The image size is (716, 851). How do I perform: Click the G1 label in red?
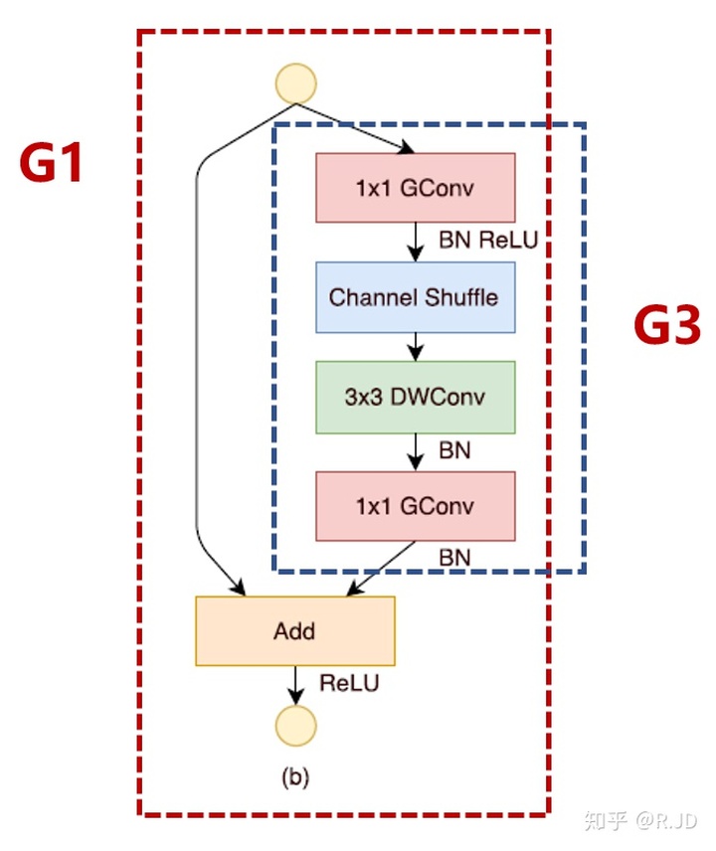(x=52, y=164)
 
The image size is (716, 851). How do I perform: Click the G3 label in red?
(x=667, y=327)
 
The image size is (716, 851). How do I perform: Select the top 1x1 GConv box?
(x=415, y=187)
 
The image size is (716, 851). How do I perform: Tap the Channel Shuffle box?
(x=415, y=296)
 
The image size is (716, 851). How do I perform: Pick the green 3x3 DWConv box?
(x=415, y=397)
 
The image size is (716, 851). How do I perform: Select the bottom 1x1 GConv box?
(x=415, y=506)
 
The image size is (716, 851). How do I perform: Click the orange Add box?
(x=295, y=630)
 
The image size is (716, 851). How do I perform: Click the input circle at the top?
(x=295, y=85)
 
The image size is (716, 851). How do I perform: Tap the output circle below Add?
(x=295, y=726)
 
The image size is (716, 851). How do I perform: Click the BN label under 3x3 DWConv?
(x=454, y=450)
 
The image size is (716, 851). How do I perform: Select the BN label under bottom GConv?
(x=454, y=557)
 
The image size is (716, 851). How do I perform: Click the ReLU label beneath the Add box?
(x=349, y=683)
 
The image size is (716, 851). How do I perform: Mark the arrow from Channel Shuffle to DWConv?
(x=416, y=346)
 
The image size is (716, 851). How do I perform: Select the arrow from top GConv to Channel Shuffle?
(x=416, y=242)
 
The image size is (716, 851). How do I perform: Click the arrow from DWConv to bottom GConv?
(x=416, y=452)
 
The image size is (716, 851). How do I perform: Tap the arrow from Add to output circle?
(x=295, y=685)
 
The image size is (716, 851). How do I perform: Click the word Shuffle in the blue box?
(x=458, y=296)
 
